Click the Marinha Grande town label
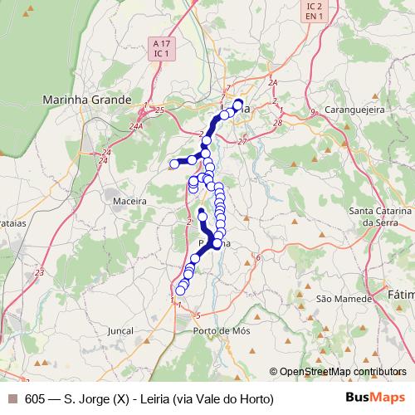[x=87, y=100]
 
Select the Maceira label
[x=132, y=201]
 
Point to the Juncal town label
[x=120, y=330]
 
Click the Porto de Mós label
[x=221, y=330]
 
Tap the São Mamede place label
[x=337, y=297]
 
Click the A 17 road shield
[x=161, y=42]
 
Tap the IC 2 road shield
[x=312, y=5]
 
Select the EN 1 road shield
[x=312, y=16]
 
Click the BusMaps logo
[x=376, y=398]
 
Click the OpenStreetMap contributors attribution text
[x=342, y=372]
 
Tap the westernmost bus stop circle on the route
[x=174, y=164]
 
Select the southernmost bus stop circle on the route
[x=180, y=290]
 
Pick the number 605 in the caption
[x=35, y=399]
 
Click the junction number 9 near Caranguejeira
[x=313, y=112]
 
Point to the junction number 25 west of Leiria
[x=159, y=110]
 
